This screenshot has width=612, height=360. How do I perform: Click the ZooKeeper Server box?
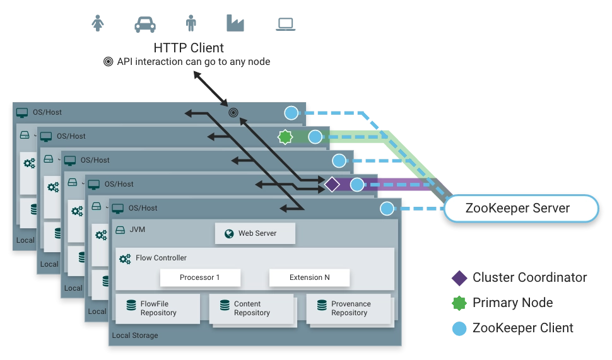click(x=521, y=208)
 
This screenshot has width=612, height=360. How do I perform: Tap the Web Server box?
click(x=255, y=233)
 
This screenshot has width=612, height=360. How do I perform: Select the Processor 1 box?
click(x=200, y=277)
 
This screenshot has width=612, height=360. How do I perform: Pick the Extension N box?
click(x=309, y=277)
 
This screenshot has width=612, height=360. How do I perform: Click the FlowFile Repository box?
click(x=158, y=308)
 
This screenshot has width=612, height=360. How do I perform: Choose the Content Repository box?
click(x=251, y=308)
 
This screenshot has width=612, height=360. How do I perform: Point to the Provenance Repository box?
click(x=348, y=308)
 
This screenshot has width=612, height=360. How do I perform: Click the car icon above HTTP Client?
click(x=145, y=24)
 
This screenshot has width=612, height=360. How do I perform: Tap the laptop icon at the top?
click(x=285, y=24)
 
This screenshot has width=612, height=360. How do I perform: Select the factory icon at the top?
click(x=235, y=23)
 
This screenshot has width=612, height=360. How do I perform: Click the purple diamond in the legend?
click(x=459, y=277)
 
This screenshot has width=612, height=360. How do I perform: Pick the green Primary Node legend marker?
click(x=459, y=303)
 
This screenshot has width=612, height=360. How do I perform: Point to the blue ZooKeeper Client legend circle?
click(x=459, y=328)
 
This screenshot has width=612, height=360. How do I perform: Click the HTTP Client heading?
click(x=189, y=48)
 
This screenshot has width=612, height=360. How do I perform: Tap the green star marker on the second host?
click(x=285, y=137)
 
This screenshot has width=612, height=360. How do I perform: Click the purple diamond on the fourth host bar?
click(x=332, y=185)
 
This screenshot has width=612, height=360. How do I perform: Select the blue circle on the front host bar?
click(x=387, y=209)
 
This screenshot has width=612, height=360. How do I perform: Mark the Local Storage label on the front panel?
click(x=135, y=335)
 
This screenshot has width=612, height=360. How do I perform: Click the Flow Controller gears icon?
click(x=125, y=258)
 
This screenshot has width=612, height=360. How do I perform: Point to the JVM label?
click(x=137, y=229)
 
